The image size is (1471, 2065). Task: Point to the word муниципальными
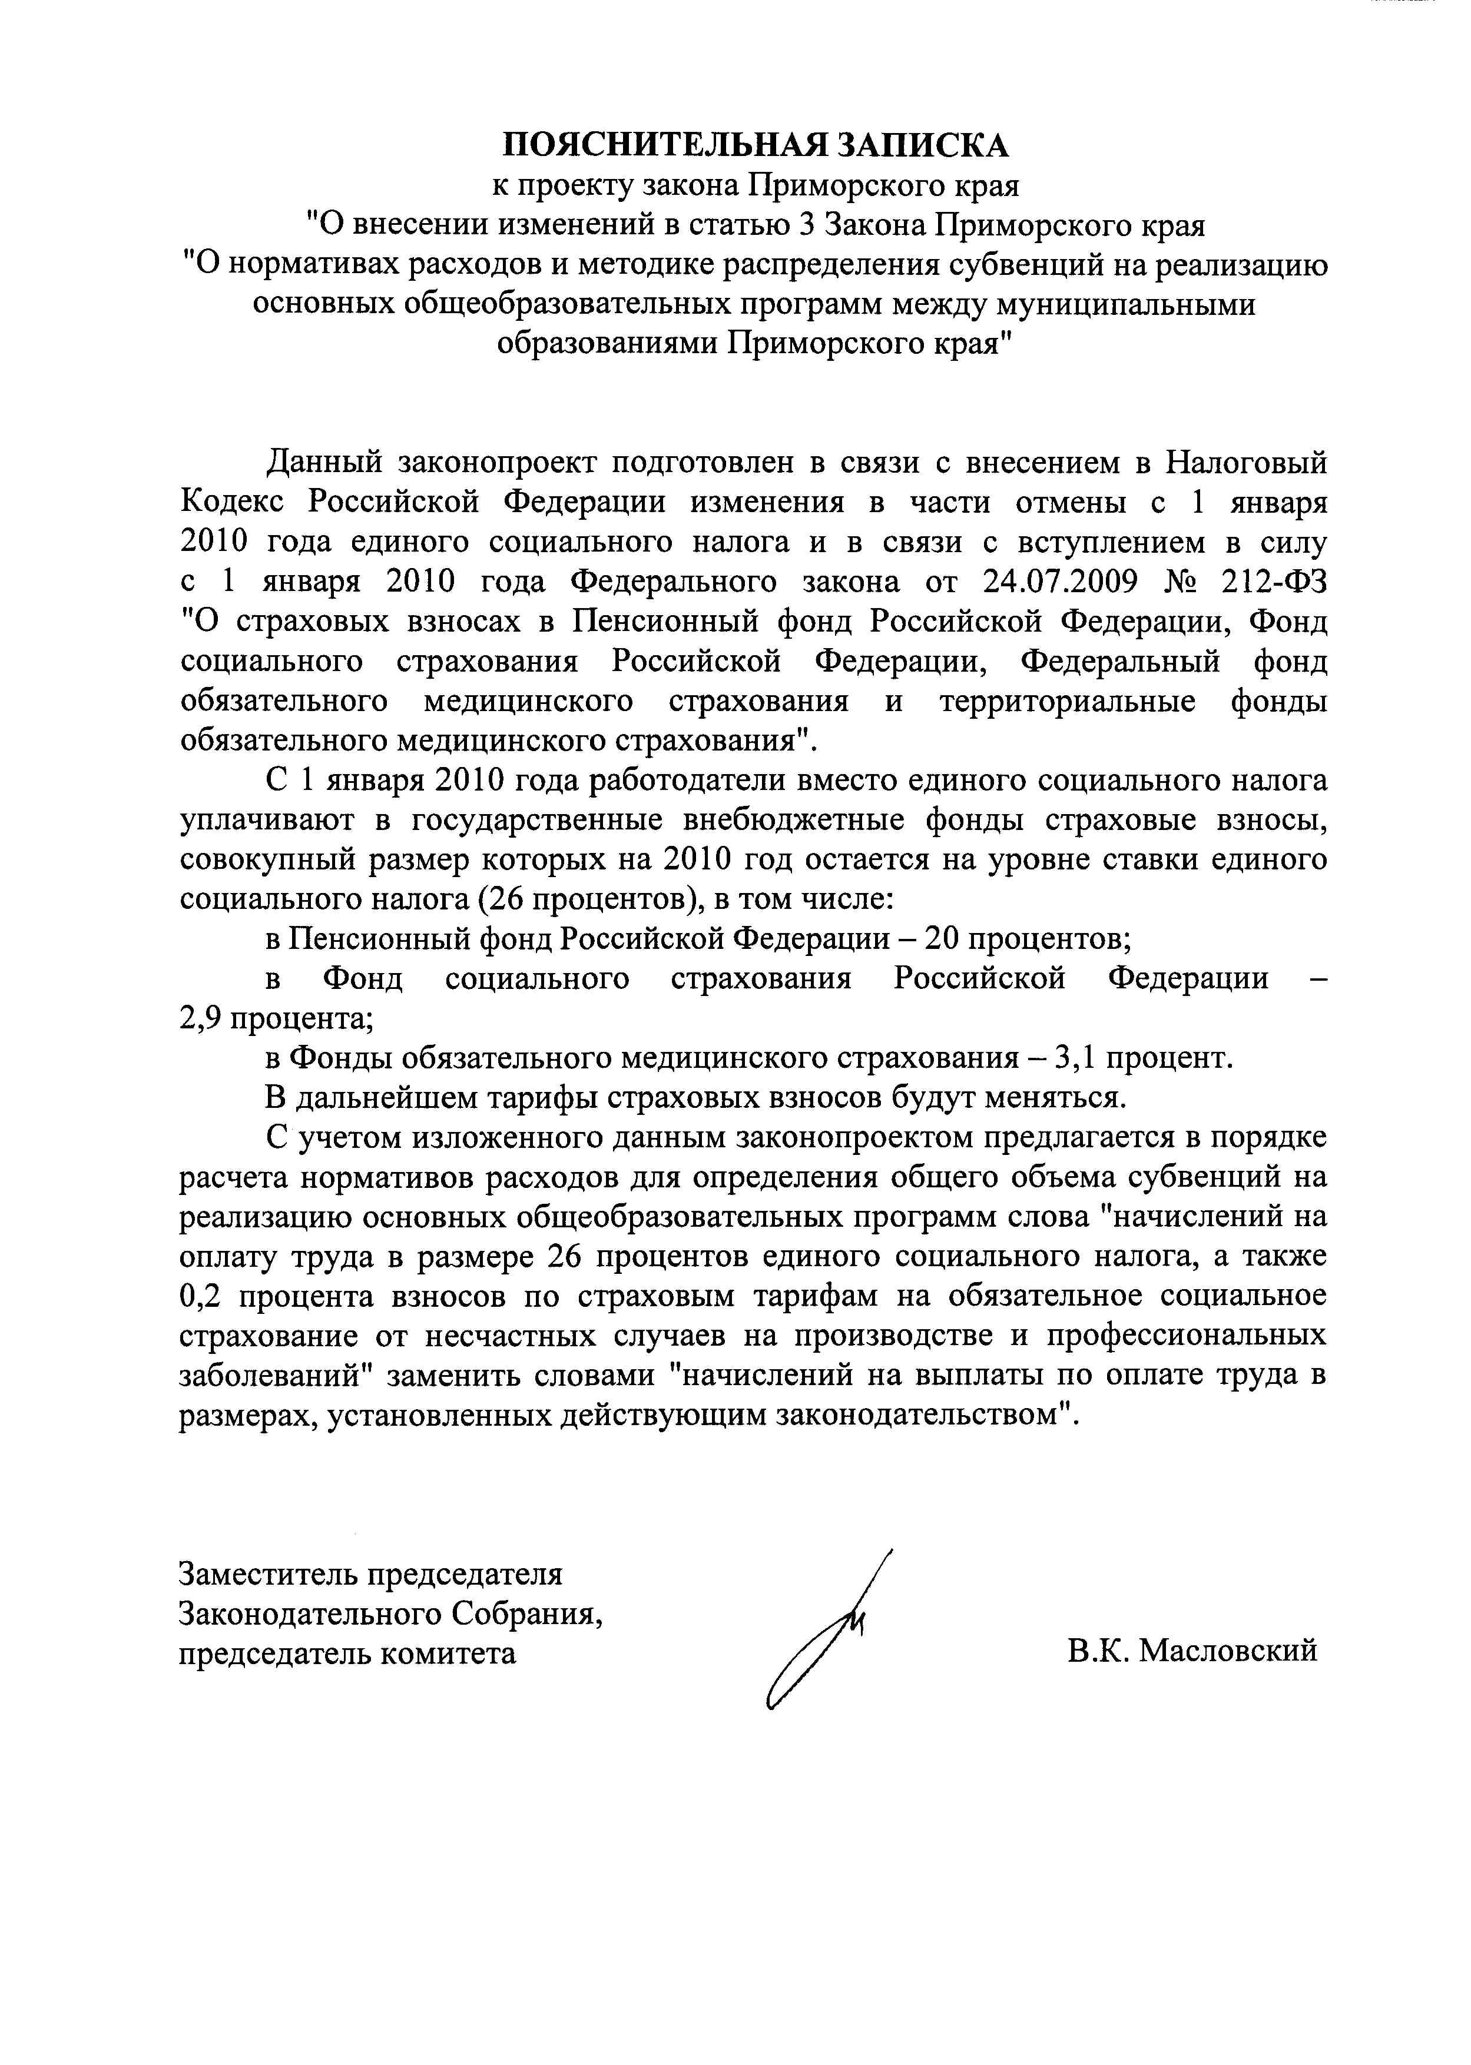(1126, 304)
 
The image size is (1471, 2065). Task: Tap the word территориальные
(1068, 700)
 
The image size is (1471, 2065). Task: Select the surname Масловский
(1227, 1651)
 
